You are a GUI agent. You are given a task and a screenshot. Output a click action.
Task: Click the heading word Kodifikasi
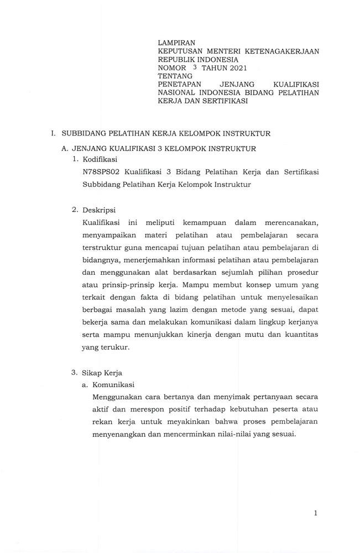click(100, 159)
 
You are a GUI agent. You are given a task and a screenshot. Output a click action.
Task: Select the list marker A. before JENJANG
click(64, 148)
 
